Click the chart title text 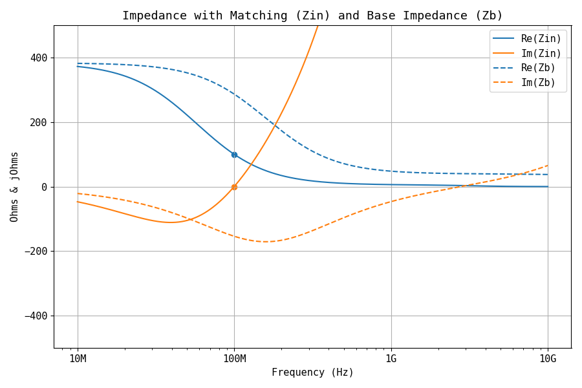tap(312, 16)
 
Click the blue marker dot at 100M tap(234, 155)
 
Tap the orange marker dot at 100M tap(234, 187)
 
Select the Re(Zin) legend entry tap(541, 39)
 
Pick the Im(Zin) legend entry tap(541, 54)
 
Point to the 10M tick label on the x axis tap(78, 359)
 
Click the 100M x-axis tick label tap(234, 359)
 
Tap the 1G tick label tap(391, 359)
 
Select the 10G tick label tap(548, 359)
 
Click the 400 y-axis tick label tap(39, 58)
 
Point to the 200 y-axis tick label tap(39, 122)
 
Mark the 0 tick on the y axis tap(44, 187)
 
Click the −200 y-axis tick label tap(36, 252)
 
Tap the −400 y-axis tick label tap(36, 316)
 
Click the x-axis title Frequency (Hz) tap(312, 372)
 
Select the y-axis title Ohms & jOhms tap(14, 187)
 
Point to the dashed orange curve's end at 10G tap(547, 166)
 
